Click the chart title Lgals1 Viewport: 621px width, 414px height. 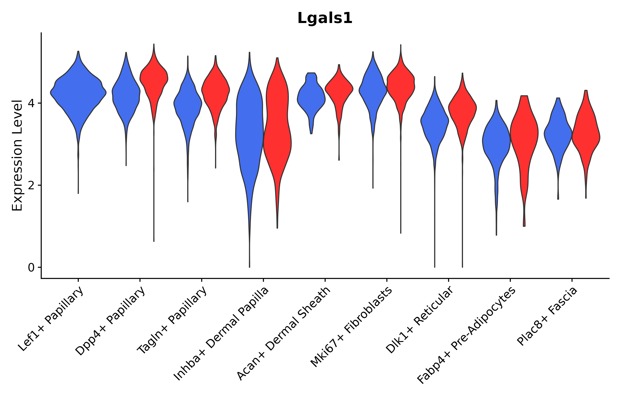(325, 18)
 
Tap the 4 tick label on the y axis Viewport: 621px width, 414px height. (31, 103)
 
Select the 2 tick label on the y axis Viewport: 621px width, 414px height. (31, 186)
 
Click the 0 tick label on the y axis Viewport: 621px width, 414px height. (31, 268)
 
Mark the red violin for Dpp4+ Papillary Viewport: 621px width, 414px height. (154, 79)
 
